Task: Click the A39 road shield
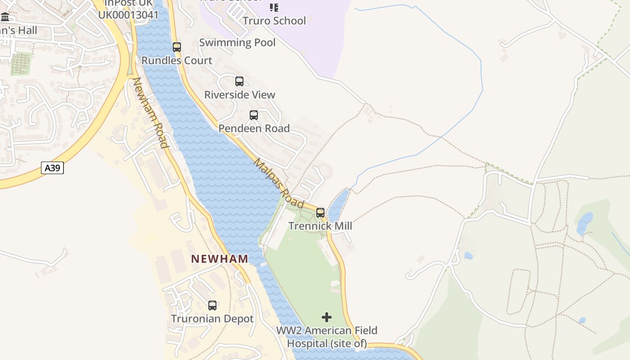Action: [53, 168]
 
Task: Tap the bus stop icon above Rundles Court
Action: [177, 47]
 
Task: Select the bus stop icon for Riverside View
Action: [239, 81]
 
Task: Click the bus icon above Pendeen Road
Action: [254, 115]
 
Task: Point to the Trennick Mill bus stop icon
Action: [320, 212]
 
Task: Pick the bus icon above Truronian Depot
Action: [212, 306]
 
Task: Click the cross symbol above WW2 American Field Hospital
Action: [327, 317]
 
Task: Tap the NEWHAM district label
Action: [220, 259]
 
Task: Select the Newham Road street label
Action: [150, 113]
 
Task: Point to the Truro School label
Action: [274, 21]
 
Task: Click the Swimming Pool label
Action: [237, 43]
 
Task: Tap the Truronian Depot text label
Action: [212, 319]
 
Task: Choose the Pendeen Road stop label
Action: [254, 128]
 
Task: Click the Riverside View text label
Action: [239, 94]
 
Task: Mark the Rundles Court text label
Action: [177, 60]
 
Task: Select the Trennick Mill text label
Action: [320, 226]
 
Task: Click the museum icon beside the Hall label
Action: [5, 18]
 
